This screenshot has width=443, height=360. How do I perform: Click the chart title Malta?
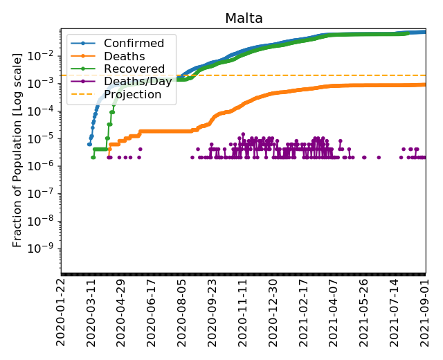(244, 19)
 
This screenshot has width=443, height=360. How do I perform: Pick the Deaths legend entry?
(124, 56)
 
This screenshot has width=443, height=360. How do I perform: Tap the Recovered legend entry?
(134, 69)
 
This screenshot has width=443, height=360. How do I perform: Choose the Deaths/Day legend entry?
(136, 82)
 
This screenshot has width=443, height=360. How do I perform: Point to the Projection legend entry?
(132, 94)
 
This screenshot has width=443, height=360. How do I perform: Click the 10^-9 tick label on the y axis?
(42, 249)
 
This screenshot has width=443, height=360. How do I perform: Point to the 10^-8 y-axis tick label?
(42, 221)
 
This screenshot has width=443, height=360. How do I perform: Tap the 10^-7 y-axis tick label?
(42, 193)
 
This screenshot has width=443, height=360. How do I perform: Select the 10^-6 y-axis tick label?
(42, 165)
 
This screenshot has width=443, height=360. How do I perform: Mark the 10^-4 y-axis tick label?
(42, 111)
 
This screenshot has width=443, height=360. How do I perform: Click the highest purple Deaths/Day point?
(243, 134)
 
